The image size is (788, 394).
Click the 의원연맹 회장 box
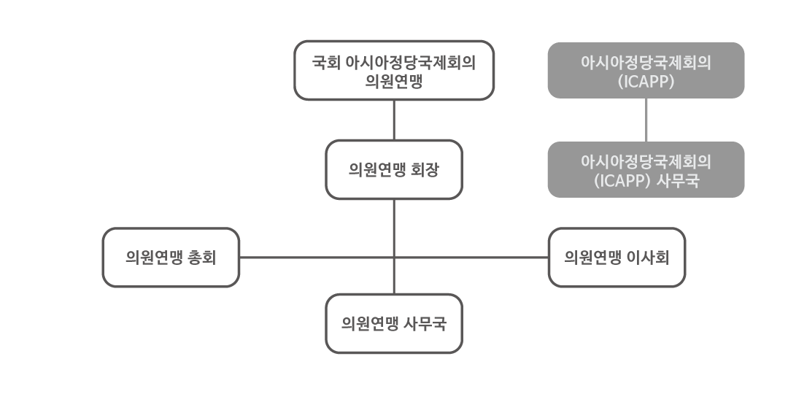(x=394, y=169)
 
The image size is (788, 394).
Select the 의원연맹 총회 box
(x=171, y=257)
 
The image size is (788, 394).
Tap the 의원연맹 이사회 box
(x=617, y=257)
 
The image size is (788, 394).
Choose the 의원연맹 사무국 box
(x=394, y=323)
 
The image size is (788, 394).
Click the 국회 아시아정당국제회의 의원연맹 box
(x=394, y=70)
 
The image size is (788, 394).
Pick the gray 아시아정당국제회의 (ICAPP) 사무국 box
(x=646, y=169)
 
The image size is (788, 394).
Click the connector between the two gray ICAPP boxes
(x=646, y=120)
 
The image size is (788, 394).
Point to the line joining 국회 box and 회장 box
(x=394, y=120)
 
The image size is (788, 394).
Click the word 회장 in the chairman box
(x=425, y=170)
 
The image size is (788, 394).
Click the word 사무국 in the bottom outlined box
(x=425, y=324)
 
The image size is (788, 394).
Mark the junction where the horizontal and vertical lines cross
(x=394, y=257)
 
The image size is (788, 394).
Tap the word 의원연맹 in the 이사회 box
(x=592, y=258)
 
